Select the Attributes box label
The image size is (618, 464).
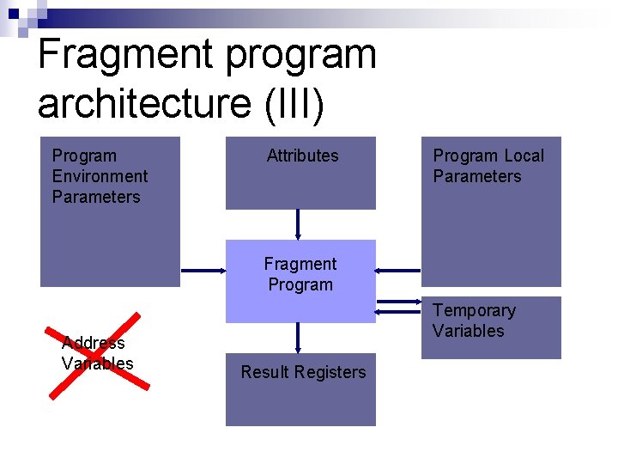[x=302, y=156]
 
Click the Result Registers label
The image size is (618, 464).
[x=303, y=372]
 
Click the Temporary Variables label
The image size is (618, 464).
[x=474, y=321]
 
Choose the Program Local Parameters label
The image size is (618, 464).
[x=488, y=166]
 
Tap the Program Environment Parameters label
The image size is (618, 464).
[x=100, y=176]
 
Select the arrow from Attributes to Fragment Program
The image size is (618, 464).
[x=298, y=224]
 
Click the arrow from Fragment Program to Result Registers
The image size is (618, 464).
[x=298, y=338]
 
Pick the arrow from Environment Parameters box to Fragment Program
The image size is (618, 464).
[x=203, y=270]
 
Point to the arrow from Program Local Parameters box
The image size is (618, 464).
[x=398, y=270]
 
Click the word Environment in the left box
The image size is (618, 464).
[x=100, y=176]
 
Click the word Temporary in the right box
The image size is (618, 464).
[x=474, y=310]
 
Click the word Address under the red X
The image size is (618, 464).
[x=94, y=343]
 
